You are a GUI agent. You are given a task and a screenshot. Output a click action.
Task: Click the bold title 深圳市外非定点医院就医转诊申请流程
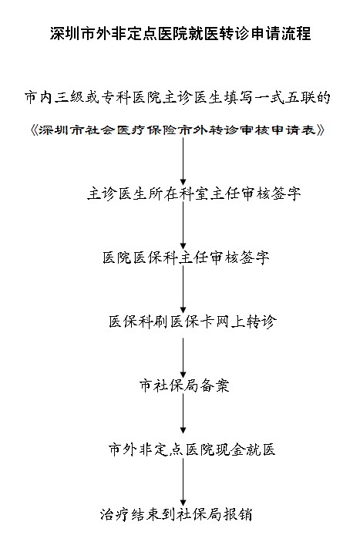pos(180,34)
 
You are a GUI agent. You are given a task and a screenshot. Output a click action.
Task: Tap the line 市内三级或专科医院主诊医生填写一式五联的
pos(177,98)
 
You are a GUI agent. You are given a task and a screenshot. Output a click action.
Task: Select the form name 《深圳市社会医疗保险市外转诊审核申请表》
pos(177,130)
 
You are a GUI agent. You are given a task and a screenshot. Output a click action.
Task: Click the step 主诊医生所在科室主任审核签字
pos(194,194)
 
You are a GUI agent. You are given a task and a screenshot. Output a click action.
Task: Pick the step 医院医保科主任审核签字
pos(186,257)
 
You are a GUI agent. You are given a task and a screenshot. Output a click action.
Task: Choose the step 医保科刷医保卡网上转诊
pos(193,321)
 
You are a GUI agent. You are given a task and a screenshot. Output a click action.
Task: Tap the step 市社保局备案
pos(184,385)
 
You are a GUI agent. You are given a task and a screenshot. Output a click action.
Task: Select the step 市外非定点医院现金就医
pos(192,449)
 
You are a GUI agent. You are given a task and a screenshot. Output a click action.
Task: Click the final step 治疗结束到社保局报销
pos(176,514)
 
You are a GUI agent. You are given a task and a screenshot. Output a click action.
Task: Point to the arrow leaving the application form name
pos(183,161)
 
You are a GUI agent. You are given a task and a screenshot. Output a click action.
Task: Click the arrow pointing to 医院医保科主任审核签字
pos(183,225)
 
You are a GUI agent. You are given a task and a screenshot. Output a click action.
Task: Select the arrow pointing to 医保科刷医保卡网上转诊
pos(183,289)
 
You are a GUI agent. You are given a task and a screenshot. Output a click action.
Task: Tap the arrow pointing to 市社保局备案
pos(183,357)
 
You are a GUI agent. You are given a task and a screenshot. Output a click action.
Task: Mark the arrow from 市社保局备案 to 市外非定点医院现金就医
pos(183,413)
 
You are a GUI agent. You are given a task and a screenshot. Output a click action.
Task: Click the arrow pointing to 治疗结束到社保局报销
pos(183,482)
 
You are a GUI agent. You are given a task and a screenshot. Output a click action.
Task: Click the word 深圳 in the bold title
pos(65,34)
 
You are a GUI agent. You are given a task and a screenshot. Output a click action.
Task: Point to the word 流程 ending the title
pos(296,34)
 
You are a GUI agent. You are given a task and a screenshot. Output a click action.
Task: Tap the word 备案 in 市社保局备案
pos(214,385)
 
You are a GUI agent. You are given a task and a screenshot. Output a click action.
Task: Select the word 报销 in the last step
pos(237,514)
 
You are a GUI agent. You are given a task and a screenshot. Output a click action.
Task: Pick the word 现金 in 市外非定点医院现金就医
pos(230,449)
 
